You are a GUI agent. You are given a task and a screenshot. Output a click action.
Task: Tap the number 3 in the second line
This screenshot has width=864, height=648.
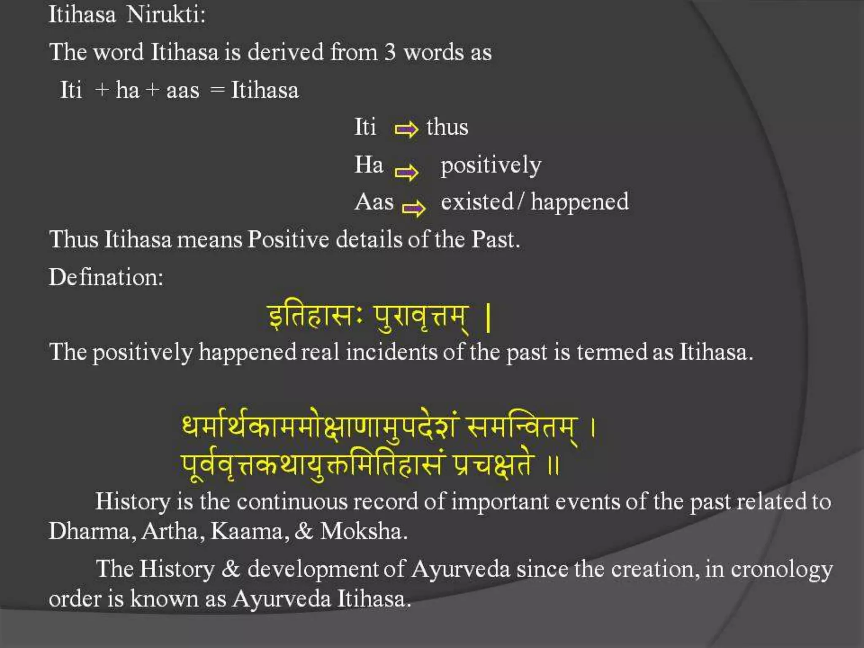pos(390,53)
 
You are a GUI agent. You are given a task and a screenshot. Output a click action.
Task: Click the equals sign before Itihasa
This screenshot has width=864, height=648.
pos(217,90)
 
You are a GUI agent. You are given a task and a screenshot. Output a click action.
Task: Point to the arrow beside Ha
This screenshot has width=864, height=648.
pos(406,172)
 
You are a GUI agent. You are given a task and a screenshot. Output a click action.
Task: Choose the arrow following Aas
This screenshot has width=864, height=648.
pos(413,208)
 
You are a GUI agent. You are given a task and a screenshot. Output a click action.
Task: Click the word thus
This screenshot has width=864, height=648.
pos(447,127)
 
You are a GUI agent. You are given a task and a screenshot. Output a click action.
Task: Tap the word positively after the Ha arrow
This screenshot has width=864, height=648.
pos(491,165)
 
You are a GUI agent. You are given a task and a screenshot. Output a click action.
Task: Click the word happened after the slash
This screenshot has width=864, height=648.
pos(580,202)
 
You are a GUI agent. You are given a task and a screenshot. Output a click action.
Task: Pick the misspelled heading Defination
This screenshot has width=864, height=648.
pos(106,278)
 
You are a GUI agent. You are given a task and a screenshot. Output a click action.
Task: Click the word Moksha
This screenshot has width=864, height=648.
pos(364,531)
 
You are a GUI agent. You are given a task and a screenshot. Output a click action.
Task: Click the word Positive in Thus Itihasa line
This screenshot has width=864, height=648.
pos(288,240)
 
